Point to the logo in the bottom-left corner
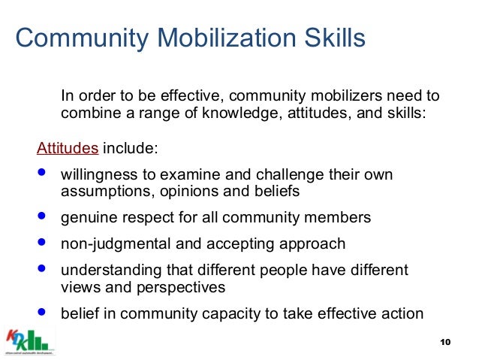click(32, 340)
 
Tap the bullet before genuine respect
click(41, 218)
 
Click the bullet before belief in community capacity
click(41, 313)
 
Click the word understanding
click(104, 269)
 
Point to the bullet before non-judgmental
click(41, 243)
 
